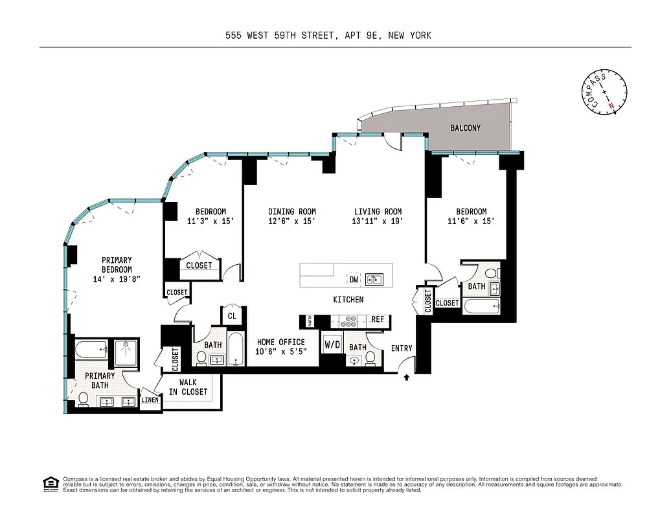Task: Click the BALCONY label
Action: tap(465, 128)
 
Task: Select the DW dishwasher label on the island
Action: tap(354, 279)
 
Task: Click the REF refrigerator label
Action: tap(378, 320)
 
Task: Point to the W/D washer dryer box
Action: tap(332, 345)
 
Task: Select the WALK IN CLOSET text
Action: tap(188, 387)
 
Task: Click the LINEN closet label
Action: tap(150, 400)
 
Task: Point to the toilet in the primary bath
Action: tap(83, 398)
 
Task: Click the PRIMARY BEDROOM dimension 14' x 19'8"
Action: tap(117, 279)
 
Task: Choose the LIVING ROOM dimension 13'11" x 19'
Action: tap(378, 221)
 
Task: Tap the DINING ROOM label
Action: tap(292, 212)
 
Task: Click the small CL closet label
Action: tap(232, 316)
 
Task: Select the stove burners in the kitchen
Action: tap(350, 320)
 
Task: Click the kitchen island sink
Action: tap(374, 279)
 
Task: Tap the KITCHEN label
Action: tap(348, 300)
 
